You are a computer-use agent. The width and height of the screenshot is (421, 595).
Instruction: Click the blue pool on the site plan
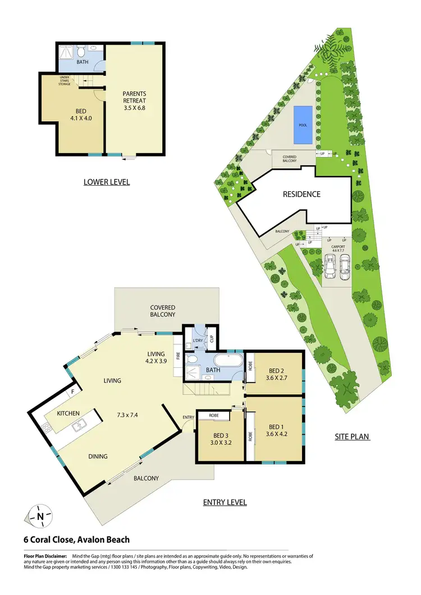pos(303,124)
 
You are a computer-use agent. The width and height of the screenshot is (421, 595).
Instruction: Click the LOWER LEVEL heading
pos(107,182)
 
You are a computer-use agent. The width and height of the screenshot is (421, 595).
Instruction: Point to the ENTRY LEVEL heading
pos(225,502)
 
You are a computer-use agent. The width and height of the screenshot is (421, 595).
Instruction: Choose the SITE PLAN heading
pos(351,435)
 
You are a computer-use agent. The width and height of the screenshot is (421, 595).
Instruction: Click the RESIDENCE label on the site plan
pos(301,194)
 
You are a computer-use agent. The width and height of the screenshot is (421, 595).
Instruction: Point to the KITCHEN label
pos(68,413)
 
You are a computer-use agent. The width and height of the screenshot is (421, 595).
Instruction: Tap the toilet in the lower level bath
pos(82,53)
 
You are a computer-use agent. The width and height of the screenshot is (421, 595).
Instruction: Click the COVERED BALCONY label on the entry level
pos(163,312)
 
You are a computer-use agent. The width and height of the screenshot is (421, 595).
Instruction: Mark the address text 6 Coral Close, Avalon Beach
pos(76,539)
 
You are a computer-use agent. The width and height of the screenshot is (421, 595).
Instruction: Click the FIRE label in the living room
pos(179,355)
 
